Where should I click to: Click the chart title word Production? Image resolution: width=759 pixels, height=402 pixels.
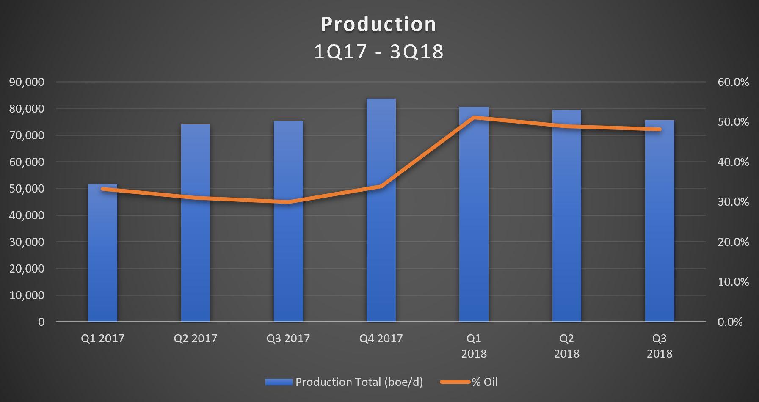click(378, 24)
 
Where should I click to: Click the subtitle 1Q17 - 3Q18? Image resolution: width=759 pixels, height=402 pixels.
click(379, 52)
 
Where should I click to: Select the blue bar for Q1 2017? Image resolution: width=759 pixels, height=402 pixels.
click(102, 253)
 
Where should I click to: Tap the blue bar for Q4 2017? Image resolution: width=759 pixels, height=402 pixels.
click(381, 210)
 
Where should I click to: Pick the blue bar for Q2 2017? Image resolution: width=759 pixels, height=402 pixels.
click(196, 223)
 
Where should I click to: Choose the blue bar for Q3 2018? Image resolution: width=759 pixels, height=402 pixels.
click(660, 221)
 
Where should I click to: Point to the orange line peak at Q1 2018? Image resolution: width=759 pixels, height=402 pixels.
click(474, 117)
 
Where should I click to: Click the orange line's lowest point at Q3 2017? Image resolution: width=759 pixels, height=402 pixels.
click(288, 202)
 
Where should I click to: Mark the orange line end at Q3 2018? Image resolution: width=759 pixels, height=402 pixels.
click(660, 129)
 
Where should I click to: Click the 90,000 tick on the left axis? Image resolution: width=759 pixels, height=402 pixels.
click(26, 82)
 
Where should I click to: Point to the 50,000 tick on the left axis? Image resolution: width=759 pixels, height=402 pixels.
click(26, 189)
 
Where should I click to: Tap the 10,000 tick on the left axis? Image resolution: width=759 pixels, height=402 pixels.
click(26, 295)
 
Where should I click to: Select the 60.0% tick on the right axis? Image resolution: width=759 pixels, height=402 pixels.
click(733, 82)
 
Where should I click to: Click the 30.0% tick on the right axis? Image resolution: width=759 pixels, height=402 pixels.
click(733, 202)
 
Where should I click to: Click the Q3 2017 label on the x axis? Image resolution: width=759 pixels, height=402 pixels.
click(288, 339)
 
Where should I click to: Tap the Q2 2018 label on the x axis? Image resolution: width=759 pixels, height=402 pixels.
click(567, 346)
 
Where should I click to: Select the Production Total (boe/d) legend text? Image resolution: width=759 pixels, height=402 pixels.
click(359, 382)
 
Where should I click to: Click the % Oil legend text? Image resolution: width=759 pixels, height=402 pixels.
click(485, 382)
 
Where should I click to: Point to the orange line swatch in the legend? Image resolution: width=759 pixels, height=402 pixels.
click(455, 382)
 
